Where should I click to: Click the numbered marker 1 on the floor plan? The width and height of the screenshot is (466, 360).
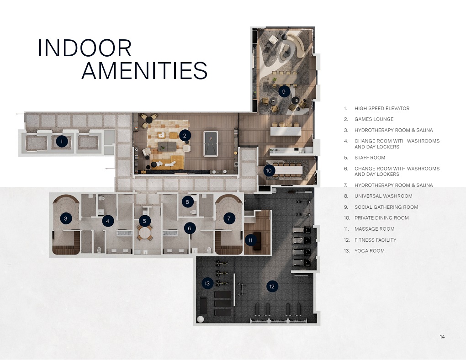click(x=62, y=142)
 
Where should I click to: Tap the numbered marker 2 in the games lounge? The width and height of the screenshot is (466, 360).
click(x=185, y=135)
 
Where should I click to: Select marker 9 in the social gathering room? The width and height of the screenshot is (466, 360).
click(x=284, y=91)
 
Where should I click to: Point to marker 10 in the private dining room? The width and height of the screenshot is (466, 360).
click(x=269, y=170)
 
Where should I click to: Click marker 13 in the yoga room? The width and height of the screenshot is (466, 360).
click(x=207, y=283)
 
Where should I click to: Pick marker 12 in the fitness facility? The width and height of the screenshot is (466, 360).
click(x=272, y=286)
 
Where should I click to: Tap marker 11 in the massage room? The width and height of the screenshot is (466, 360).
click(x=250, y=240)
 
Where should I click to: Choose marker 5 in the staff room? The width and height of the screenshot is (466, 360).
click(x=144, y=221)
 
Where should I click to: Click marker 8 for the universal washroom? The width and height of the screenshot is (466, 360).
click(x=187, y=201)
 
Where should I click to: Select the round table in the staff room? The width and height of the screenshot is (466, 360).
click(x=145, y=233)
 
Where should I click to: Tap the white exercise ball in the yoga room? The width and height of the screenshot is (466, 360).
click(x=201, y=319)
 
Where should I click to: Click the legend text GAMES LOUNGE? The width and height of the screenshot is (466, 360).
click(x=374, y=119)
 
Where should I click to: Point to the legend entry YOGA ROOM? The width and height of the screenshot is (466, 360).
click(x=369, y=251)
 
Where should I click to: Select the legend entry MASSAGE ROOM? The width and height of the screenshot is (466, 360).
click(x=374, y=229)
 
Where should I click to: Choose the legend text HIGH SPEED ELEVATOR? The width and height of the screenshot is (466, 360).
click(x=382, y=108)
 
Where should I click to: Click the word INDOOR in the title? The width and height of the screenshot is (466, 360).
click(x=85, y=48)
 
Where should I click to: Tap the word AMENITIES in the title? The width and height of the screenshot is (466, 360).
click(x=144, y=71)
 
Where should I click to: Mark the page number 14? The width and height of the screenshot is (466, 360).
click(x=442, y=337)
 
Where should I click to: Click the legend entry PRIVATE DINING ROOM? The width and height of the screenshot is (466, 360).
click(x=381, y=218)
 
